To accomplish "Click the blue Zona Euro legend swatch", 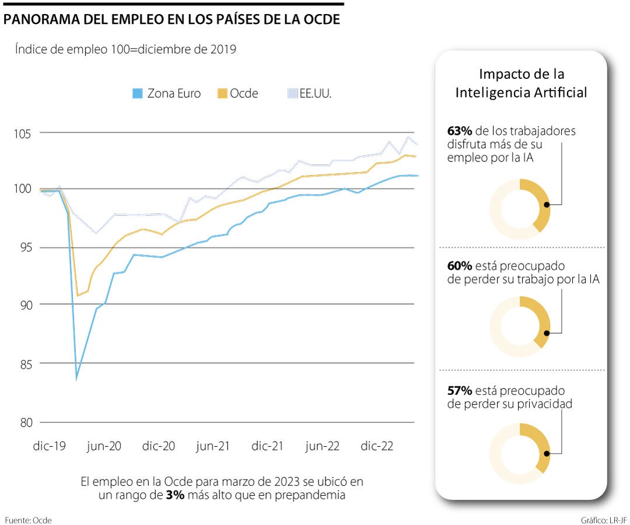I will [x=137, y=93].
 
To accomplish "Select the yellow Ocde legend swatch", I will [x=222, y=93].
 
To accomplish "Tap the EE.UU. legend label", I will [x=316, y=93].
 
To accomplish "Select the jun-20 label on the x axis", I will [x=104, y=446].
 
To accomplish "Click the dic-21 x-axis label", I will [x=268, y=446].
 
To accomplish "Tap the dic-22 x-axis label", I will [x=377, y=446].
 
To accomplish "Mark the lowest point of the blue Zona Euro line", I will [x=76, y=379].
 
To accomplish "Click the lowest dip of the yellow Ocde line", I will [x=78, y=296].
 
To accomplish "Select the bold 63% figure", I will [x=460, y=131].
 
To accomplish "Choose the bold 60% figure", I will [x=460, y=266].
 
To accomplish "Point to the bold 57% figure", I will [x=460, y=390].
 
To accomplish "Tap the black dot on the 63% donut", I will [x=547, y=205].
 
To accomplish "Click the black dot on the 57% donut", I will [x=547, y=453].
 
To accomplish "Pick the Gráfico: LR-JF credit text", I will [x=604, y=519].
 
